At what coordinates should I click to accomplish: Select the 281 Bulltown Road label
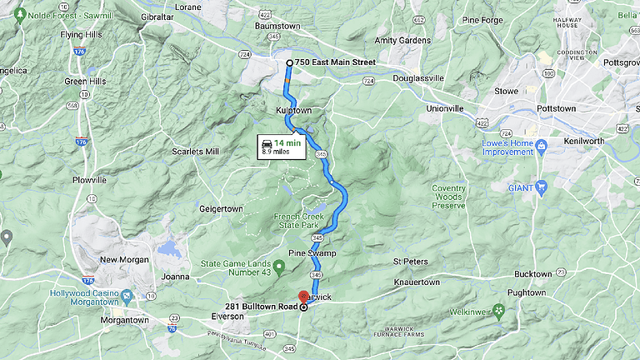coord(261,307)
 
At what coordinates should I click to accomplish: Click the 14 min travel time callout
coord(281,147)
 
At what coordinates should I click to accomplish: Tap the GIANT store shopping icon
coord(541,187)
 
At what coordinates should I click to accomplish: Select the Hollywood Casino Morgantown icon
coord(126,296)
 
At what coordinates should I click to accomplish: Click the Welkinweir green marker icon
coord(499,311)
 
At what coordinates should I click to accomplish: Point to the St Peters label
coord(411,262)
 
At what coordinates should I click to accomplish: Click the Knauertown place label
coord(416,282)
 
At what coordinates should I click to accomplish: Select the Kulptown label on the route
coord(293,110)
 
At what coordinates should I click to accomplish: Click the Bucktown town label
coord(532,273)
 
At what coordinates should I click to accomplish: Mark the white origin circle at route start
coord(289,62)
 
